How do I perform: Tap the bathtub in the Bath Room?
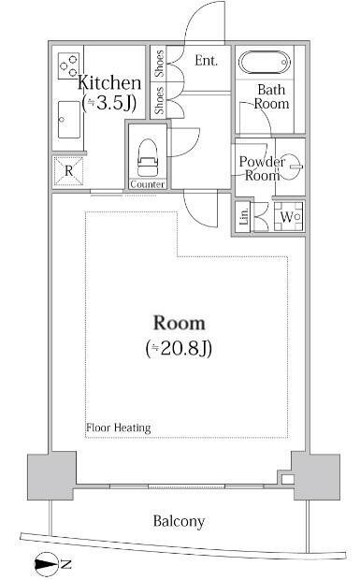266,64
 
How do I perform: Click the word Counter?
148,185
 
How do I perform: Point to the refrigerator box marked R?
68,170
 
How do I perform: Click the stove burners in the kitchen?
69,65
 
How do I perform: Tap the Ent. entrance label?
207,61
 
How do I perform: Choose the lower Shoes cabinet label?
160,100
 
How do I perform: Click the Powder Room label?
261,168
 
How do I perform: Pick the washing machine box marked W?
288,217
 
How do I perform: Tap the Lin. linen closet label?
245,217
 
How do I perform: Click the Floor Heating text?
119,428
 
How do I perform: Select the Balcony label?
179,521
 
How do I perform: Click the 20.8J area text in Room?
180,349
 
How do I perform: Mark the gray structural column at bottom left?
50,477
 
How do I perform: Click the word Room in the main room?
179,323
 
